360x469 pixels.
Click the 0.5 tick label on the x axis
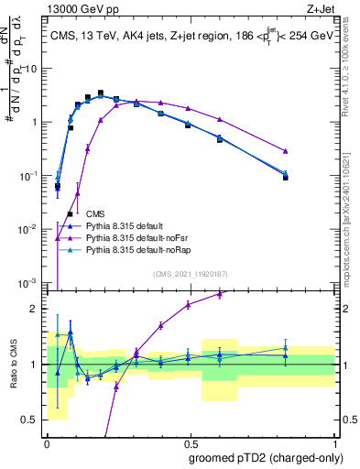[190, 442]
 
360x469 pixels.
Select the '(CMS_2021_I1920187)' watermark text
[191, 272]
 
